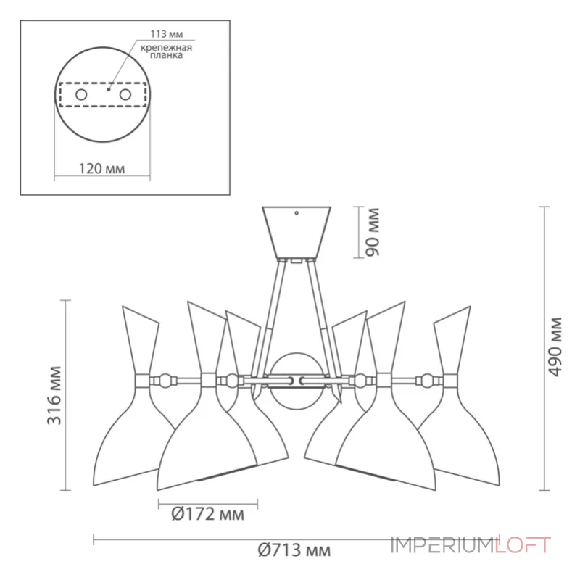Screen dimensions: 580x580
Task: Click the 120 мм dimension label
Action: point(101,169)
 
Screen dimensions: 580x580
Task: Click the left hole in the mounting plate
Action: point(81,95)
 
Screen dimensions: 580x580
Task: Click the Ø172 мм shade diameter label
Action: point(207,515)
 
